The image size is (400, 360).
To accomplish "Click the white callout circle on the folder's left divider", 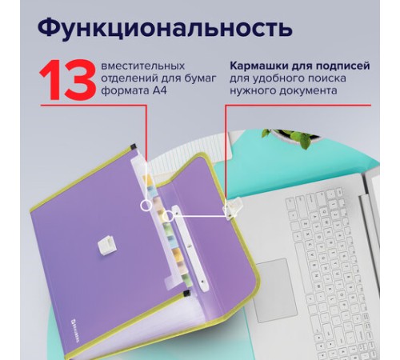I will (146, 206).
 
